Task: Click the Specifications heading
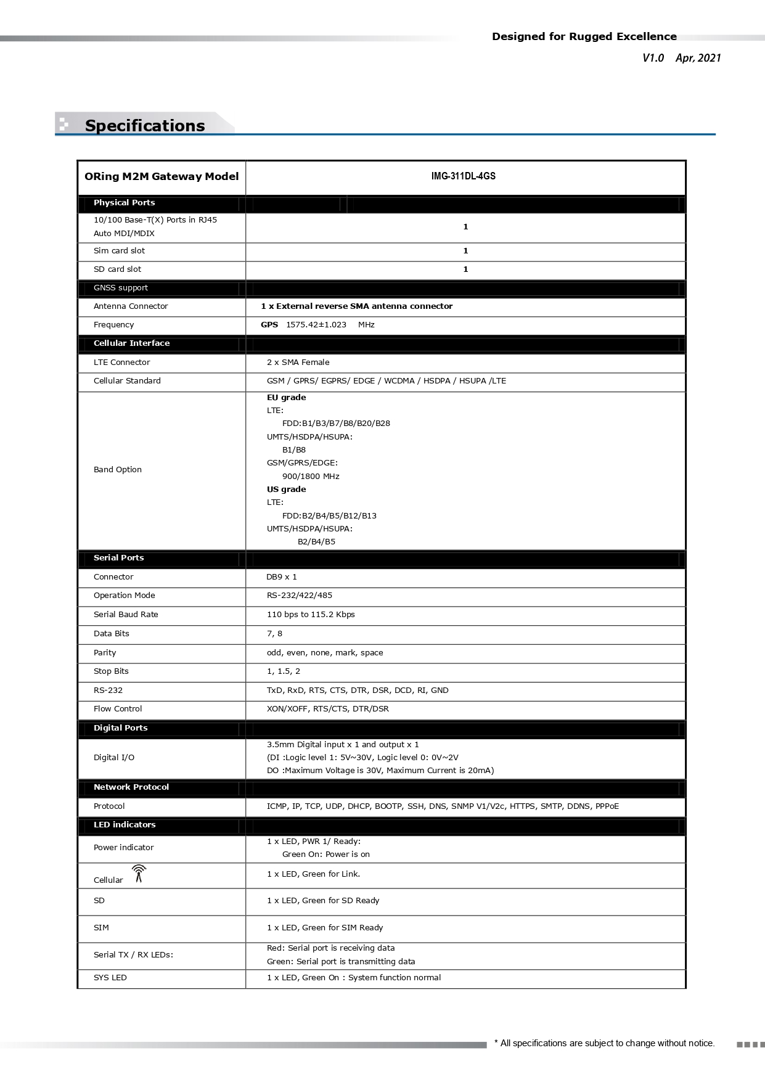pos(145,126)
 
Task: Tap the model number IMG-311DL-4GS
pos(463,176)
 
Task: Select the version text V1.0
pos(653,58)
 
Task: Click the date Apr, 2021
pos(698,58)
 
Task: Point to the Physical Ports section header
pos(124,203)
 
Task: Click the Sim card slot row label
pos(119,251)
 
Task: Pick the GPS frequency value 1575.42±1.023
pos(316,325)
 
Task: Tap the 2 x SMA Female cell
pos(298,363)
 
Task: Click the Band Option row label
pos(117,470)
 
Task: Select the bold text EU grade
pos(286,398)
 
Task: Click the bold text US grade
pos(286,490)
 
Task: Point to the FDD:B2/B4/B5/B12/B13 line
pos(329,516)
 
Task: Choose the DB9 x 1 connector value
pos(281,577)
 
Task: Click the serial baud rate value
pos(310,615)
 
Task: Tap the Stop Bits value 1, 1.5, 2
pos(283,671)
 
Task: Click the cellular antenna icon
pos(139,874)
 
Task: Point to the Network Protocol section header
pos(131,787)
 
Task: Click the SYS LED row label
pos(110,978)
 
